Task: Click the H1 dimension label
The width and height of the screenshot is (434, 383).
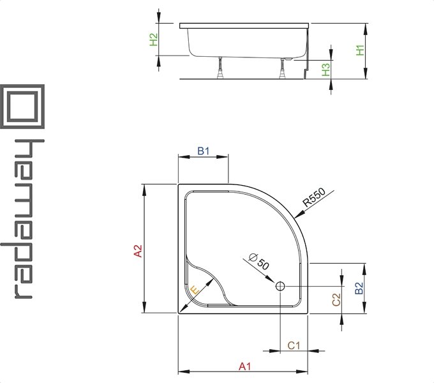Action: tap(360, 50)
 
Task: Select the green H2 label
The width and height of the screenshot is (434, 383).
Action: tap(154, 40)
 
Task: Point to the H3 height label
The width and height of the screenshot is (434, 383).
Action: tap(326, 70)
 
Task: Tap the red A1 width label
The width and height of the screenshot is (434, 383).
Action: tap(244, 366)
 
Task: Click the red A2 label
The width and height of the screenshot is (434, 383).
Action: tap(138, 251)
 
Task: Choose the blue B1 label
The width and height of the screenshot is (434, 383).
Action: tap(204, 151)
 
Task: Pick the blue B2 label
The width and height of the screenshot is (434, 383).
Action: tap(359, 288)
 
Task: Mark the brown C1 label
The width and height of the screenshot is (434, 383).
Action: tap(294, 345)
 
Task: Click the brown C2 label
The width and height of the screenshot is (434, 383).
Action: tap(336, 299)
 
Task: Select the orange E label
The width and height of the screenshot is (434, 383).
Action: tap(195, 290)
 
